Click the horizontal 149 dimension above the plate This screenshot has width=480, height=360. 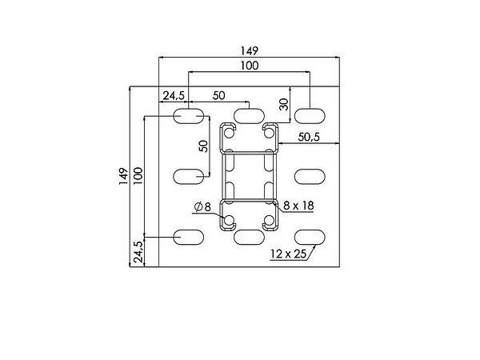(x=249, y=50)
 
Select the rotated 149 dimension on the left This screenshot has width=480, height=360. (x=123, y=176)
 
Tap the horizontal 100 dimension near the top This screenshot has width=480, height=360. (x=249, y=66)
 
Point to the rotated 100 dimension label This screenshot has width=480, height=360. (x=138, y=175)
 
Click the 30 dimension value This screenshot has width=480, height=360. (x=284, y=104)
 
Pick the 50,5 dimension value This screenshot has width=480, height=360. (x=309, y=137)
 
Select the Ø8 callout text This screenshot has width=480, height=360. (x=203, y=207)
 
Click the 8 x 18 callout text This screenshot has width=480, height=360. (x=298, y=206)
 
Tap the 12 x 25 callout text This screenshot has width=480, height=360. (x=288, y=254)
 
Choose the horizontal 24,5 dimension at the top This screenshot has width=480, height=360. (x=174, y=96)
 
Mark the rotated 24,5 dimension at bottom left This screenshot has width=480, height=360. (x=138, y=252)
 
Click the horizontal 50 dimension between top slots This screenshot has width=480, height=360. (x=218, y=96)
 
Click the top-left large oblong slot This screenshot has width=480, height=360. (x=188, y=116)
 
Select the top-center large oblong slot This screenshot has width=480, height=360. (x=249, y=116)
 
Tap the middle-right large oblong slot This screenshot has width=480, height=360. (x=310, y=177)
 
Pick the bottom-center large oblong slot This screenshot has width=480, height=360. (x=249, y=238)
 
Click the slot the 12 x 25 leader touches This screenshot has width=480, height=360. (x=310, y=238)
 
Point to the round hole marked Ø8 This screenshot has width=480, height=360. (x=229, y=220)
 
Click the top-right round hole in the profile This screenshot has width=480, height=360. (x=269, y=133)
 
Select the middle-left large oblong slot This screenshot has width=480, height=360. (x=188, y=177)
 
